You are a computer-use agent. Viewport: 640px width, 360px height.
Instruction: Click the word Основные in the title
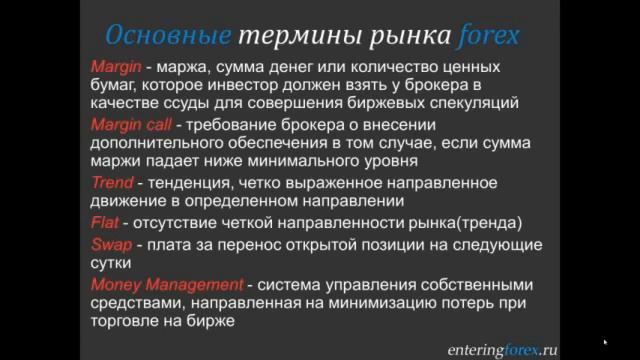coord(166,37)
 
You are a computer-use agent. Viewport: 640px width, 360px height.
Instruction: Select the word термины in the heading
coord(293,37)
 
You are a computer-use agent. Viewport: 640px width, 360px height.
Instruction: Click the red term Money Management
coord(167,283)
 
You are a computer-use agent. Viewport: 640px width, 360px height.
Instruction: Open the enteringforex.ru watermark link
coord(501,350)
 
